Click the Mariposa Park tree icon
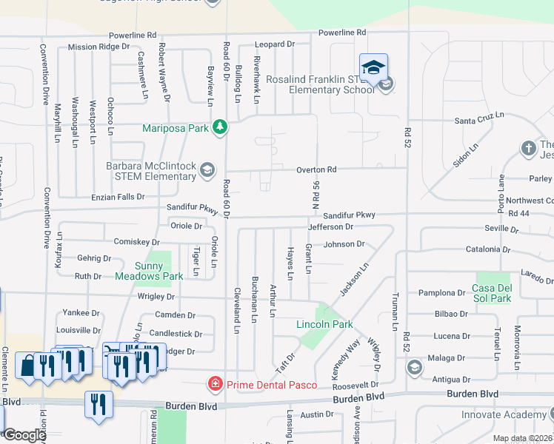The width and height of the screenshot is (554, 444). [x=219, y=127]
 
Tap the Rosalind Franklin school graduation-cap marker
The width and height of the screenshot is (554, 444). [x=374, y=67]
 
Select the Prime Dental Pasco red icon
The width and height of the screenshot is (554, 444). [x=215, y=384]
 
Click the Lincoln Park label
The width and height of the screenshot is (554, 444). [x=324, y=325]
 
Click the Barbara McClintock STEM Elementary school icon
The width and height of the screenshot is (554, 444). [x=207, y=172]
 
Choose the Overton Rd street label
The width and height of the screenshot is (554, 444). [x=316, y=169]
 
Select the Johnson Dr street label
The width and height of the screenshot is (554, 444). [x=344, y=243]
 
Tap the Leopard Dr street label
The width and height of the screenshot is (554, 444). [x=275, y=44]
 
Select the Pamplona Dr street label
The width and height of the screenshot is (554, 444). [x=442, y=292]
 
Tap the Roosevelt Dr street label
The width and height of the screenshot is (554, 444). [x=356, y=385]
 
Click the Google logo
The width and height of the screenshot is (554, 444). [x=24, y=435]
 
